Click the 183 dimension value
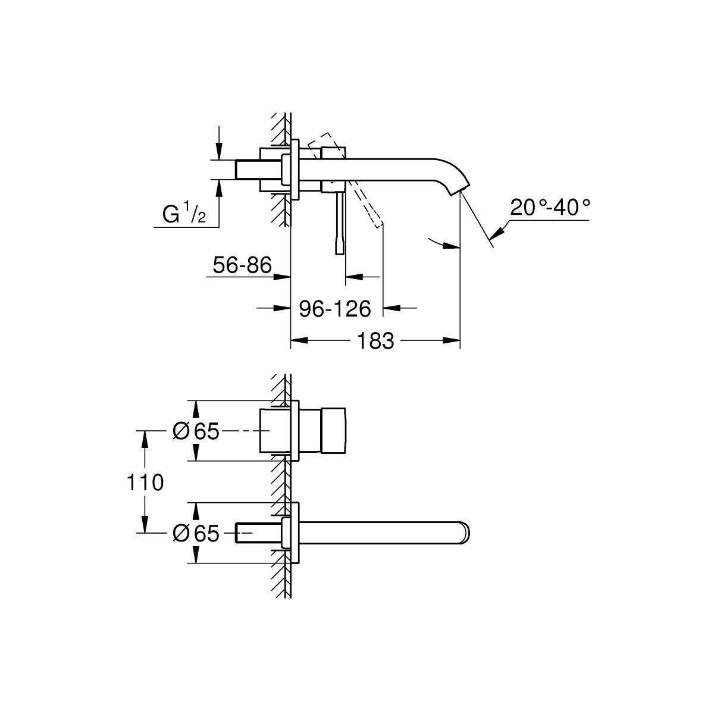[375, 340]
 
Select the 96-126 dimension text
[334, 309]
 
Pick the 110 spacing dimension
[145, 483]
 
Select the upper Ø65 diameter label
[196, 431]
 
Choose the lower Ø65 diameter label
[196, 534]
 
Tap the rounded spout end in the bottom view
[465, 533]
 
